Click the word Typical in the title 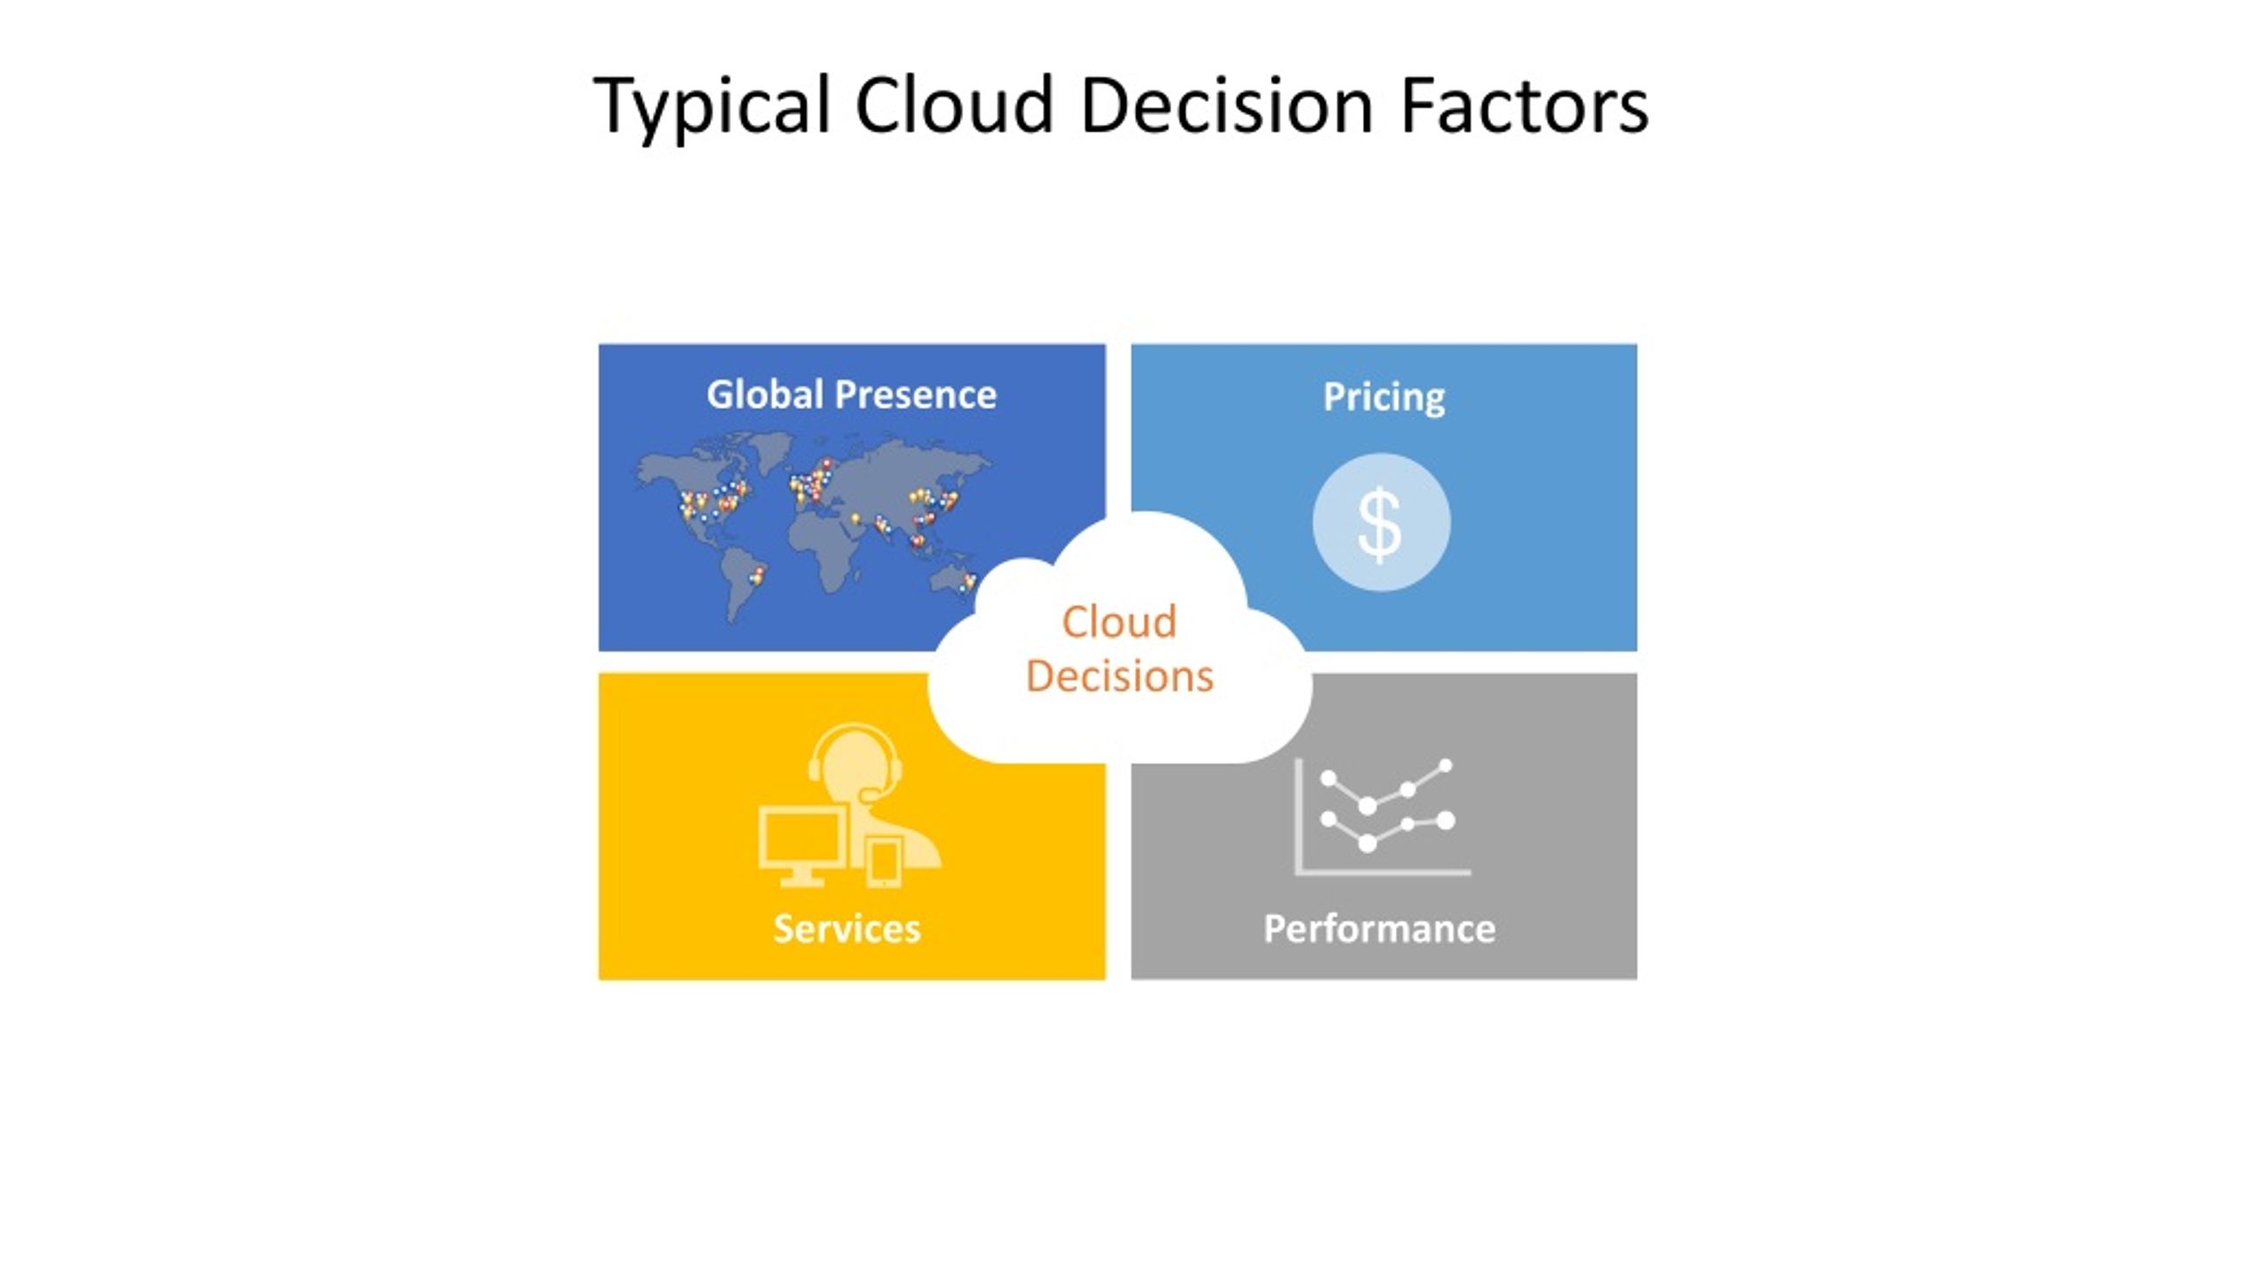coord(712,106)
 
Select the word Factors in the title coord(1525,106)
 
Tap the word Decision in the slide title coord(1226,106)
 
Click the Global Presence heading coord(851,395)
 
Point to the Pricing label coord(1384,397)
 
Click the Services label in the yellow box coord(847,928)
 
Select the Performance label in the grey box coord(1380,929)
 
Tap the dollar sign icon coord(1381,524)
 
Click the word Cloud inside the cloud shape coord(1119,622)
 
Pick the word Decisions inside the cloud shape coord(1119,676)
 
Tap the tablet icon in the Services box coord(884,861)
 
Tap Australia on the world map coord(953,584)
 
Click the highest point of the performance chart coord(1445,766)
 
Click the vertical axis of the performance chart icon coord(1298,816)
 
